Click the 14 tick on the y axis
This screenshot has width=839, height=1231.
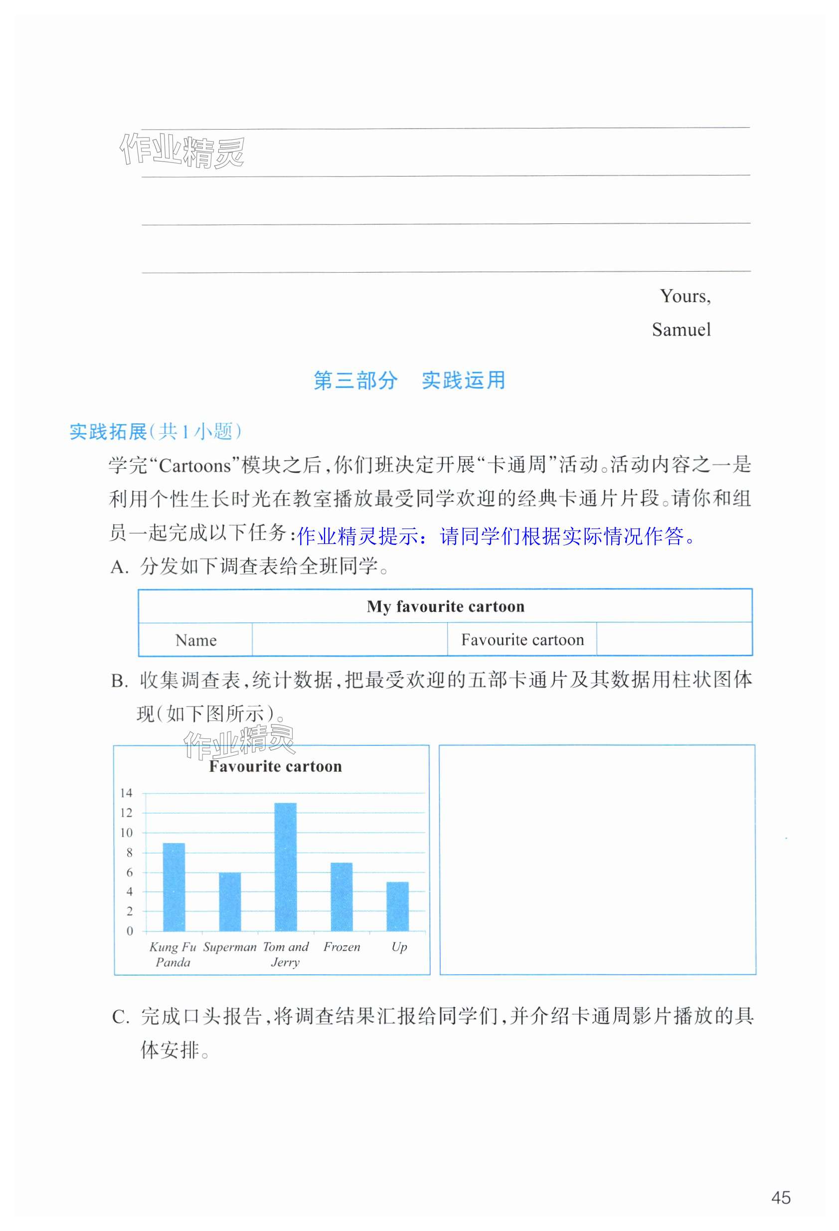click(x=126, y=793)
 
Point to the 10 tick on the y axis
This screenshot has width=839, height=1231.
click(x=126, y=833)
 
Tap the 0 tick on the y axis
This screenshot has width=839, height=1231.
click(x=129, y=931)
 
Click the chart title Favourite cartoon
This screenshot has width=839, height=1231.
click(x=275, y=766)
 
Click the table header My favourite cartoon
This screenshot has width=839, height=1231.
click(x=446, y=606)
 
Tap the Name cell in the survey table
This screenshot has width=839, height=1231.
click(x=196, y=640)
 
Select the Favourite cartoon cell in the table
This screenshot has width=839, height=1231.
click(x=522, y=640)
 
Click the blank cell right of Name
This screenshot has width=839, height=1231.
click(x=349, y=640)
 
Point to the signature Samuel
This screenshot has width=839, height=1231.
click(x=681, y=330)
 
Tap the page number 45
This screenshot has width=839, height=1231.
click(x=781, y=1198)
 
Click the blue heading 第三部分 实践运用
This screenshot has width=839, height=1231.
click(x=409, y=380)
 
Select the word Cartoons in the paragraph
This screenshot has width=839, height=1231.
click(x=194, y=466)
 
